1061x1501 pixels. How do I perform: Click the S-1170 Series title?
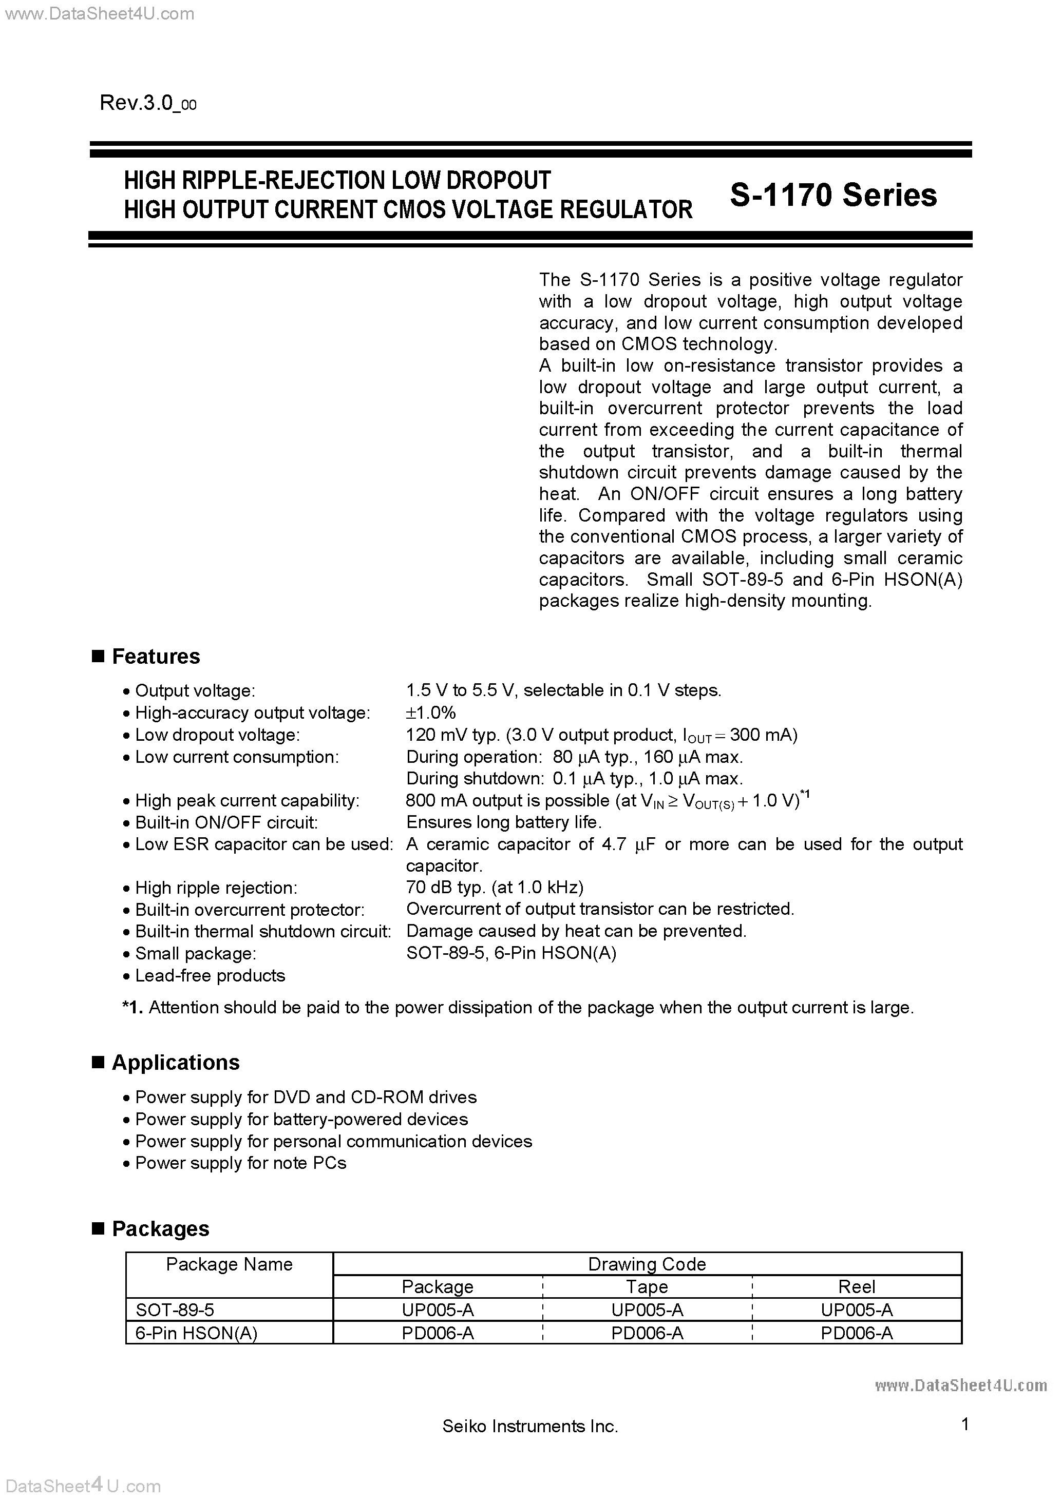coord(832,195)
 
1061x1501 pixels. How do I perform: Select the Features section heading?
coord(156,657)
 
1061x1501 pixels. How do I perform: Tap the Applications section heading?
coord(175,1063)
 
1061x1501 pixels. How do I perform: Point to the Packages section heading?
coord(160,1229)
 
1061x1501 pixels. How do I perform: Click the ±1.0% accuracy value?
coord(430,713)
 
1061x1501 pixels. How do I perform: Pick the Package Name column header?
coord(229,1264)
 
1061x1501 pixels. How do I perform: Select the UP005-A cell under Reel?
coord(856,1310)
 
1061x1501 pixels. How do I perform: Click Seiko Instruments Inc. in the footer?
coord(530,1427)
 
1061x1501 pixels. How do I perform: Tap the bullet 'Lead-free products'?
coord(210,975)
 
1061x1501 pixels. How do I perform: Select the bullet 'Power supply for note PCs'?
coord(240,1163)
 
